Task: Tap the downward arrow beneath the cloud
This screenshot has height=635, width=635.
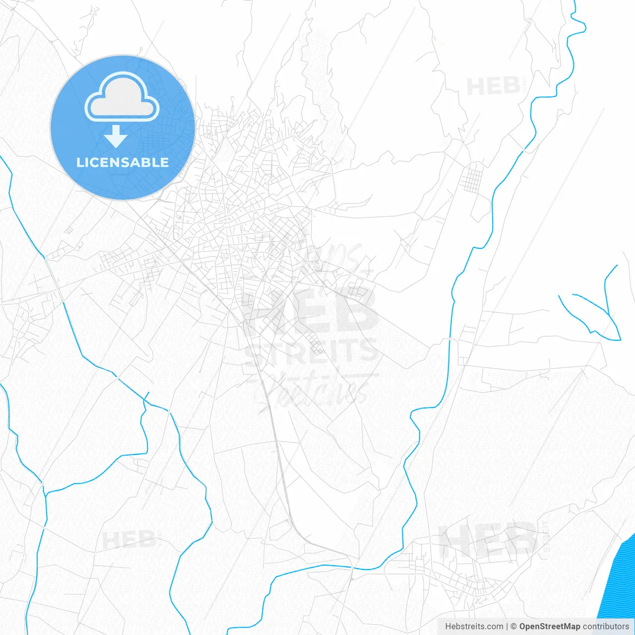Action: click(x=116, y=136)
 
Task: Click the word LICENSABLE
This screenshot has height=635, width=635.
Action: click(x=123, y=163)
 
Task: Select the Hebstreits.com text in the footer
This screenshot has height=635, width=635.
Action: click(x=474, y=627)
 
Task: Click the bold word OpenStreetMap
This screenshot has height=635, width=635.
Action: click(x=549, y=627)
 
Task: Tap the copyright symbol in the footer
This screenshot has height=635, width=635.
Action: click(x=513, y=627)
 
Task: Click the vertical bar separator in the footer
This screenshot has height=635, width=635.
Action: click(x=507, y=627)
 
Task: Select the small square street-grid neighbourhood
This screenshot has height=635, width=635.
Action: click(x=472, y=180)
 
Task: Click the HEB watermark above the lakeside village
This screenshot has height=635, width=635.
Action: click(x=489, y=540)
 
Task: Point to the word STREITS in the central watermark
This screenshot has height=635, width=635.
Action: click(x=312, y=351)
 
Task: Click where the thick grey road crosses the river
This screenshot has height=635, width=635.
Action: click(x=352, y=567)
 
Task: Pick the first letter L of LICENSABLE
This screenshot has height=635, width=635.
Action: click(x=80, y=163)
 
